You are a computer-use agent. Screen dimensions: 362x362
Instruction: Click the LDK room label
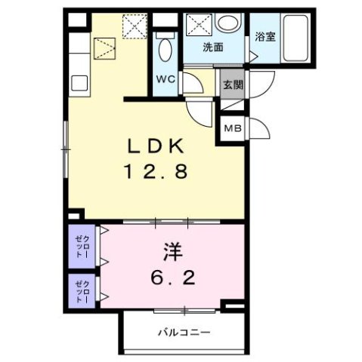[x=157, y=145]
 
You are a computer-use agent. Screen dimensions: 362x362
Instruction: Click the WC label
[x=166, y=78]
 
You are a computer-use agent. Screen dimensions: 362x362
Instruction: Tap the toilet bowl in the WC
[x=166, y=51]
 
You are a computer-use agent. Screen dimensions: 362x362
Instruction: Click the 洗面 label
[x=213, y=47]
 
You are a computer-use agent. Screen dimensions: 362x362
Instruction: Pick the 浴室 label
[x=265, y=36]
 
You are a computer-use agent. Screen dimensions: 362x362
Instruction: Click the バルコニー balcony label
[x=184, y=331]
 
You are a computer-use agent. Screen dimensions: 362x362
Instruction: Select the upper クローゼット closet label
[x=82, y=246]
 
